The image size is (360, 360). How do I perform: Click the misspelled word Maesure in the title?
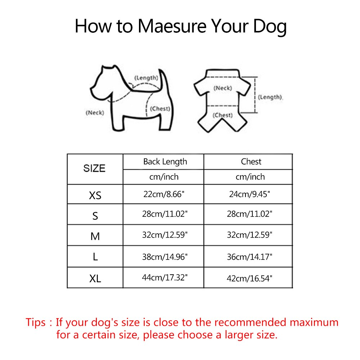tap(172, 26)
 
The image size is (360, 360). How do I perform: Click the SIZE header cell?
tap(94, 168)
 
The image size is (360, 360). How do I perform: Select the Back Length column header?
tap(165, 162)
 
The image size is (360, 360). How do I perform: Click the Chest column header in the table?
tap(251, 162)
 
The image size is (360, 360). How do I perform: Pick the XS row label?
tap(95, 195)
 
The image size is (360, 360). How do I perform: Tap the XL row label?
tap(95, 279)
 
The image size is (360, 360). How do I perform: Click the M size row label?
tap(95, 236)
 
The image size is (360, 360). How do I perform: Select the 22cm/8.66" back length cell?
tap(164, 194)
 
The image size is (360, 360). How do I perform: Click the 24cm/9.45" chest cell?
tap(249, 194)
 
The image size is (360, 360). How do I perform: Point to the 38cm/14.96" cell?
tap(165, 257)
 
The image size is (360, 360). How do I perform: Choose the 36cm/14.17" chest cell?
tap(249, 257)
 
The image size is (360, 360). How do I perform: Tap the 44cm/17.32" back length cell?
tap(165, 278)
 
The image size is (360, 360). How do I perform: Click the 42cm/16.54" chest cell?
tap(249, 279)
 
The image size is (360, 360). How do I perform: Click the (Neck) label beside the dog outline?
tap(95, 113)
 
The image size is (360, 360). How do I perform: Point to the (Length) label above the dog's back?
tap(146, 78)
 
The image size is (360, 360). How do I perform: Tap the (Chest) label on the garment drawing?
tap(222, 115)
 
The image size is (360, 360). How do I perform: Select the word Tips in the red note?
tap(36, 323)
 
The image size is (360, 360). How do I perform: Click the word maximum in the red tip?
tap(314, 322)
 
